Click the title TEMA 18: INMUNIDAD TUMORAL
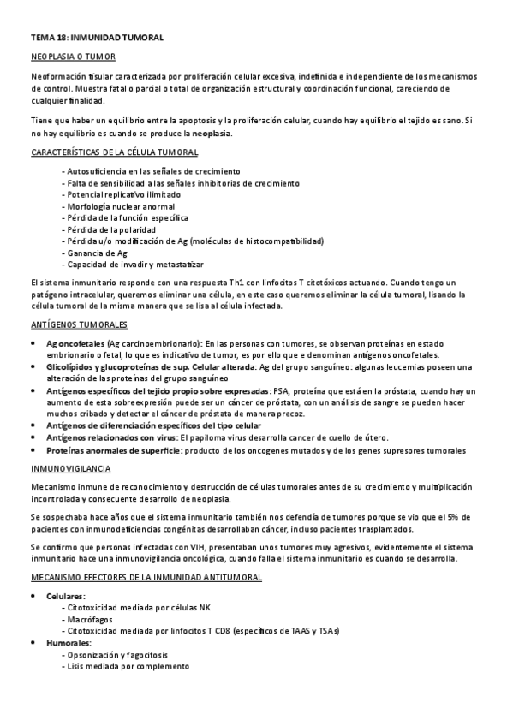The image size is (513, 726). pyautogui.click(x=96, y=39)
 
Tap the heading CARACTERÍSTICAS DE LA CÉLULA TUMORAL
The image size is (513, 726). pyautogui.click(x=114, y=152)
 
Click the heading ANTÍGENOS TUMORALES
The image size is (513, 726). pyautogui.click(x=78, y=325)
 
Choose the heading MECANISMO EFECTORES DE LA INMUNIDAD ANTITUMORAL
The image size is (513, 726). pyautogui.click(x=146, y=578)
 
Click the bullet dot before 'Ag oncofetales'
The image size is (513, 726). pyautogui.click(x=33, y=343)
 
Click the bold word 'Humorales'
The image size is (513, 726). pyautogui.click(x=69, y=642)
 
